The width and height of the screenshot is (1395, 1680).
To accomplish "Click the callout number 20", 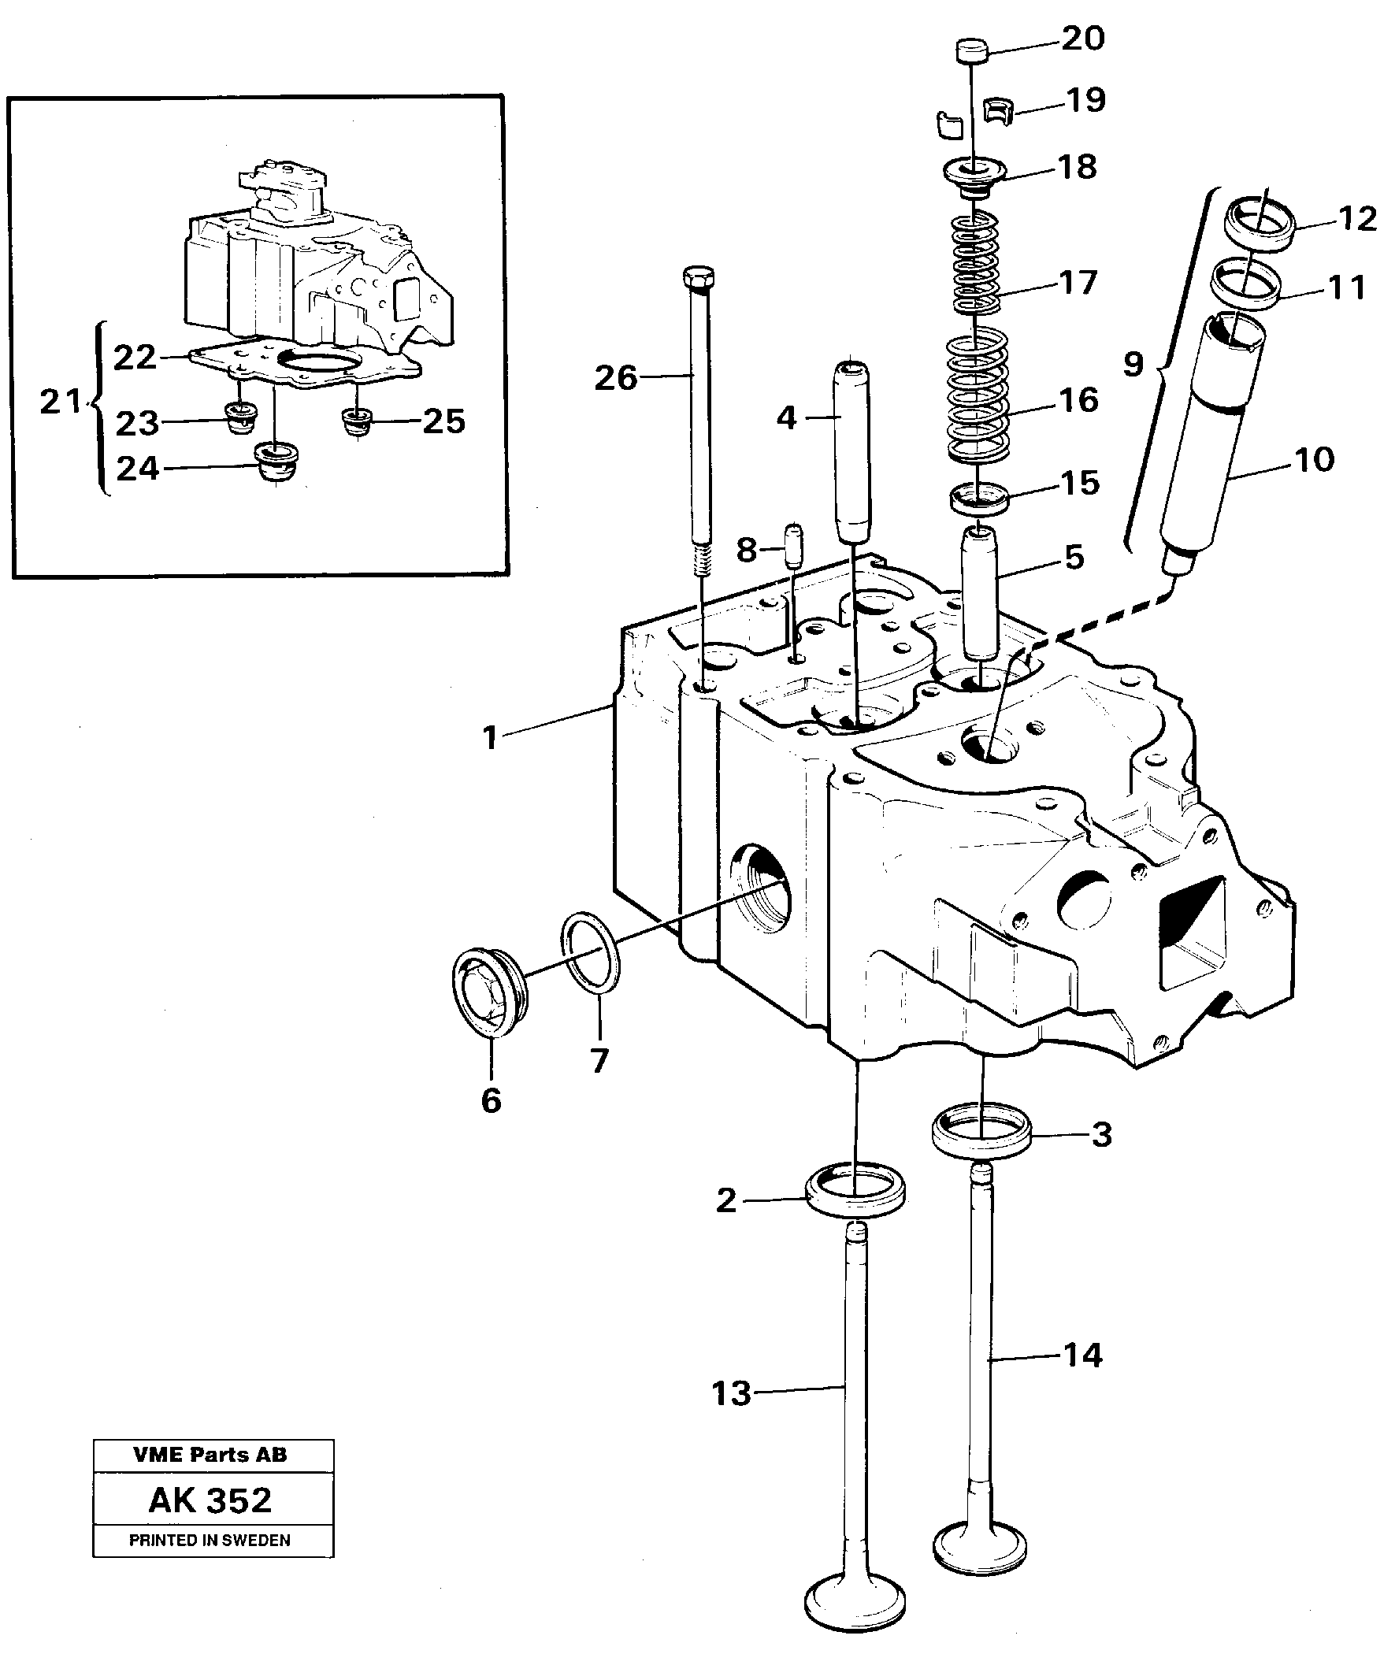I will click(x=1082, y=39).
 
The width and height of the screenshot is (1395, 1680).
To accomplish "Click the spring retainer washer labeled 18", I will click(x=974, y=172).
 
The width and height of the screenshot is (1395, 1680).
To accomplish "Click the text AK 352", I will click(x=210, y=1500).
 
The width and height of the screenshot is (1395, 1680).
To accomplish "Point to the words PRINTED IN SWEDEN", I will click(x=210, y=1541).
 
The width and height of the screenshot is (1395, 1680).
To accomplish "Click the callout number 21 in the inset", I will click(x=61, y=402).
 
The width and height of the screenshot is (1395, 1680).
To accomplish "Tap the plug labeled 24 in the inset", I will click(x=274, y=463).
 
